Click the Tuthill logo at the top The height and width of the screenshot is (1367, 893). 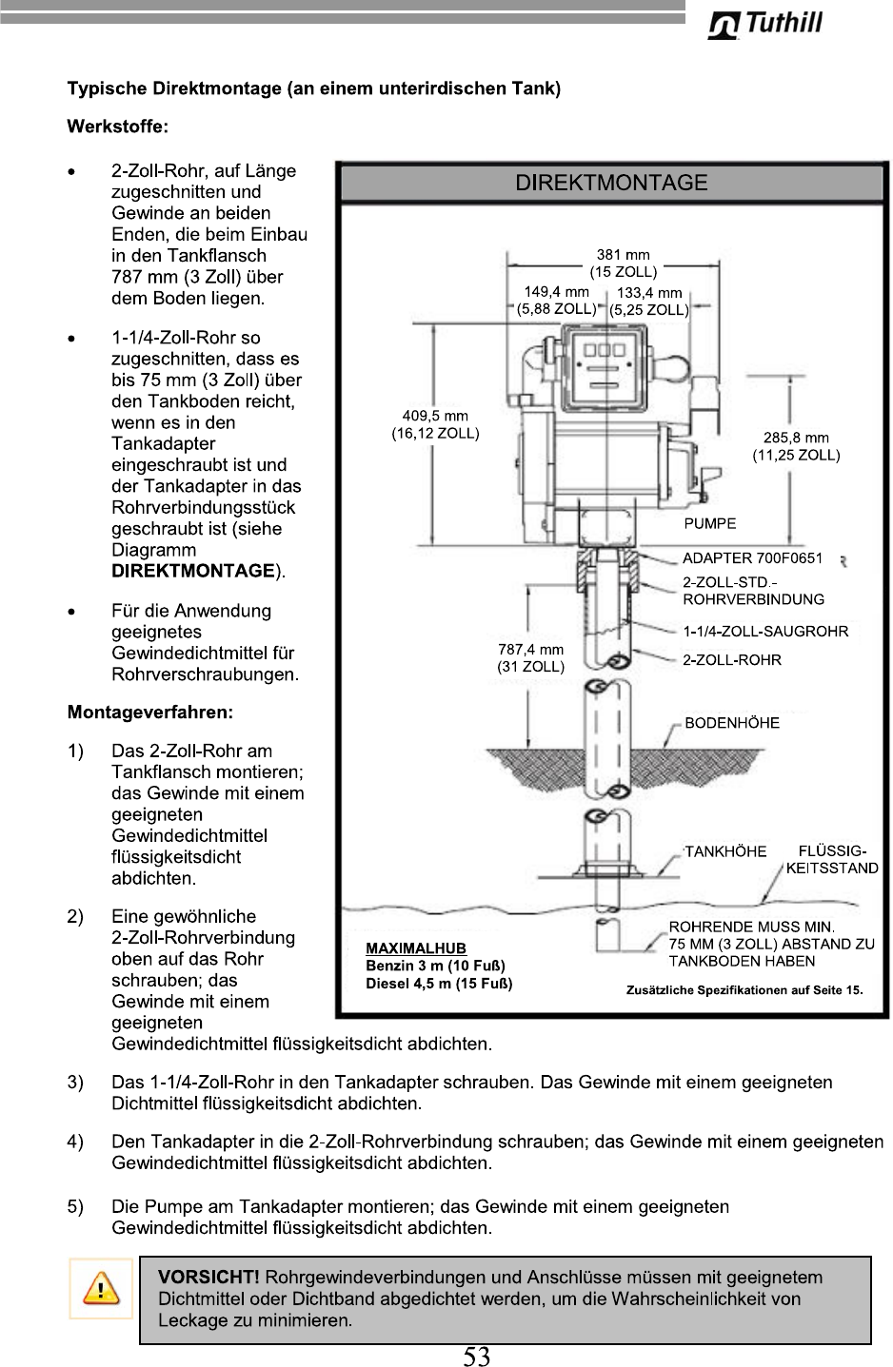click(765, 24)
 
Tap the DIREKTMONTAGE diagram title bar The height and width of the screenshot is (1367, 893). click(611, 183)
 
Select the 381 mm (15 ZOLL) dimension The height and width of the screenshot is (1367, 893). click(623, 263)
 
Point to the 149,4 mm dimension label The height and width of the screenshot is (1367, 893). click(557, 301)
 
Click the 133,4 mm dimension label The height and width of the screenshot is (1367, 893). click(649, 301)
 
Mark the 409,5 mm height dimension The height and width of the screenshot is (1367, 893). click(435, 424)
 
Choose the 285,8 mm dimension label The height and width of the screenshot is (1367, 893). click(796, 446)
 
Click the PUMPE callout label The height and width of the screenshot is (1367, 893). click(709, 523)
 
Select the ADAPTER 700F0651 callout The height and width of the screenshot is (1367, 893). click(752, 558)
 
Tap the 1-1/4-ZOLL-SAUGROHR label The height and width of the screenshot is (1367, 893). click(765, 631)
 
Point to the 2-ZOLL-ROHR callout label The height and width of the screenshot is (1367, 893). click(731, 659)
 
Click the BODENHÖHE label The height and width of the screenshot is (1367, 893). click(731, 723)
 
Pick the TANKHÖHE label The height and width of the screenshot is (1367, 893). click(724, 851)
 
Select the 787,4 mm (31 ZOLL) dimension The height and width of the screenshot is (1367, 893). click(530, 657)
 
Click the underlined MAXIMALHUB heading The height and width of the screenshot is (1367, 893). click(416, 947)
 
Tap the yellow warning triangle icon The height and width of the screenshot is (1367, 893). click(100, 1289)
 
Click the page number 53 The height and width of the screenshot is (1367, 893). click(476, 1357)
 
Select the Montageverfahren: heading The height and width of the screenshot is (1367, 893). click(149, 712)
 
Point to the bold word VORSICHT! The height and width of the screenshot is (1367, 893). click(208, 1276)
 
